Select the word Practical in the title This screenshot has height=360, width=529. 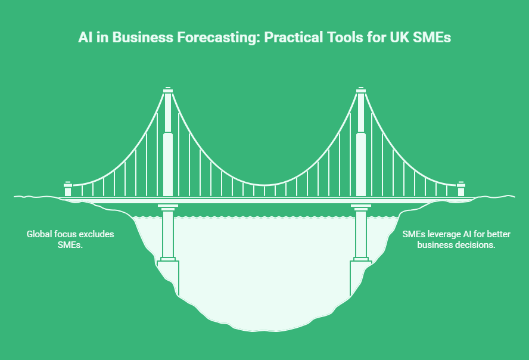click(x=290, y=38)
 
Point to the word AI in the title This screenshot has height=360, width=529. click(x=85, y=38)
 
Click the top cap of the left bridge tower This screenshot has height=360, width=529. click(x=168, y=90)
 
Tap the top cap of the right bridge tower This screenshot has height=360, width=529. click(x=360, y=90)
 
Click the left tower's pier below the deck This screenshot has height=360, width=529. click(x=168, y=232)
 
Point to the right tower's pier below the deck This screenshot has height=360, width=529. click(x=360, y=232)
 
